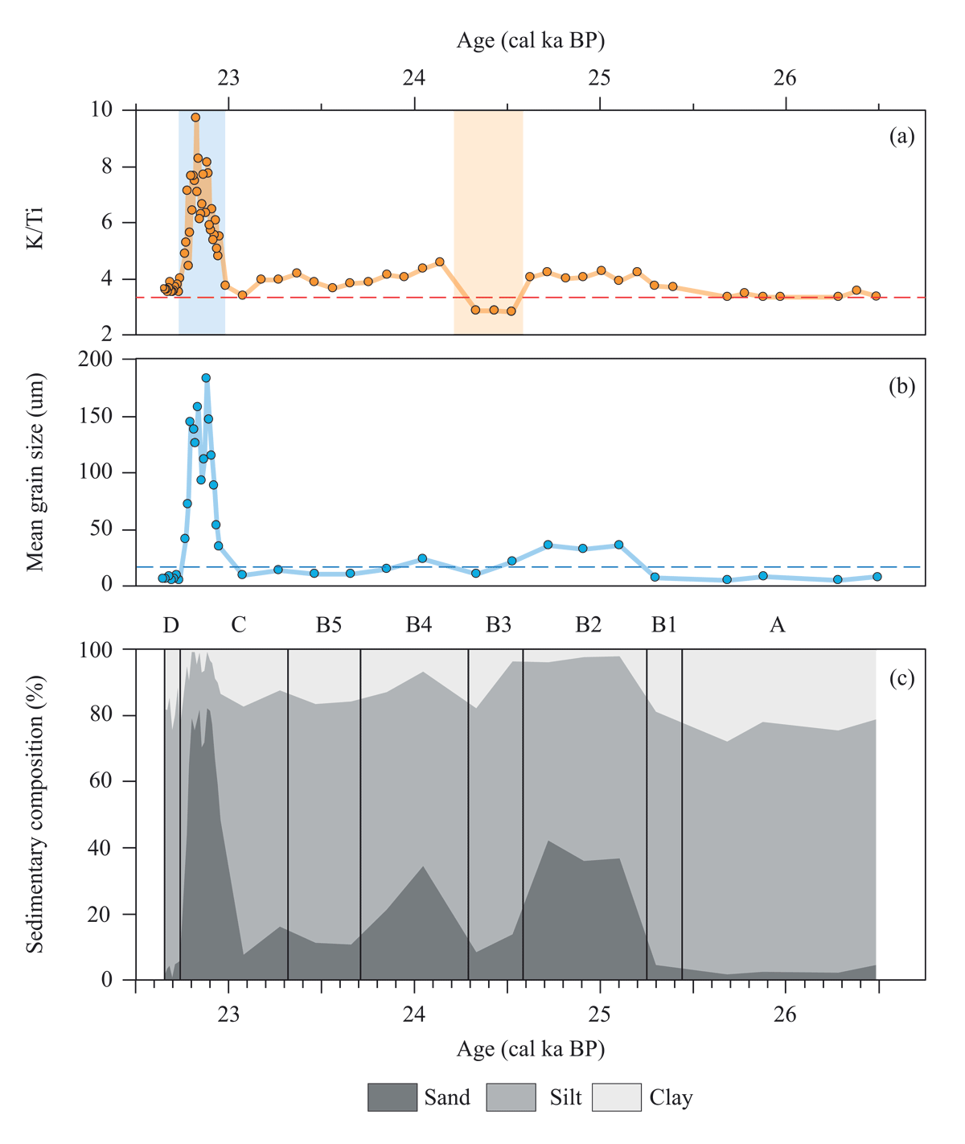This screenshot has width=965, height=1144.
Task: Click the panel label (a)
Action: coord(901,137)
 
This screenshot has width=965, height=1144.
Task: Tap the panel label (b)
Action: coord(901,386)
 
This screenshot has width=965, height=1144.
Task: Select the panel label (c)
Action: coord(901,678)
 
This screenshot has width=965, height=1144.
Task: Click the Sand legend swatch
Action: coord(392,1097)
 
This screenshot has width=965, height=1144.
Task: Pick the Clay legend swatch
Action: coord(616,1097)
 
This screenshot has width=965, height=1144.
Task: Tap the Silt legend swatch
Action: coord(511,1097)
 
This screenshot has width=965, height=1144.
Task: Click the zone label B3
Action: coord(499,625)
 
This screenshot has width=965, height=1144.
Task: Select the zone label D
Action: coord(170,625)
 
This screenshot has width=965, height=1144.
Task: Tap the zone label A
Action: coord(777,625)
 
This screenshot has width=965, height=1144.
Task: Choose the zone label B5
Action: coord(328,625)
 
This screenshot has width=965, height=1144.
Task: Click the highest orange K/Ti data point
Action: coord(195,117)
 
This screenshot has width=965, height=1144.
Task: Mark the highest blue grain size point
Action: coord(206,377)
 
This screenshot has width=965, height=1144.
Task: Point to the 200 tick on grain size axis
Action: coord(96,360)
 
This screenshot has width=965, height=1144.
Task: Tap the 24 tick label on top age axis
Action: coord(414,78)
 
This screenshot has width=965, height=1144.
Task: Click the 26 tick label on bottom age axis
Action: coord(785,1014)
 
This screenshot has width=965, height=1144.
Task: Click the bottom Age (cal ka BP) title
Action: coord(531,1049)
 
